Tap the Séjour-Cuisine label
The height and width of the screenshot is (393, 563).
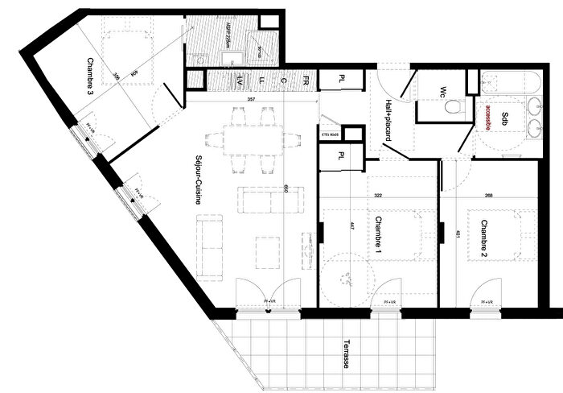click(197, 180)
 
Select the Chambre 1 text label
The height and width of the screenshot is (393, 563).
click(376, 235)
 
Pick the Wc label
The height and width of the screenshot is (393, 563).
click(443, 92)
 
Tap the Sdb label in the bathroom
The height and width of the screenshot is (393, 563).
click(504, 118)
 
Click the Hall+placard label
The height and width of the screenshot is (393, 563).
click(388, 120)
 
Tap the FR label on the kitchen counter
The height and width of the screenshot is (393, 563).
click(306, 81)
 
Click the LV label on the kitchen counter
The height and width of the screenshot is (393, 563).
click(240, 81)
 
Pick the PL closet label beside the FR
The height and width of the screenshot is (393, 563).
click(342, 80)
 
